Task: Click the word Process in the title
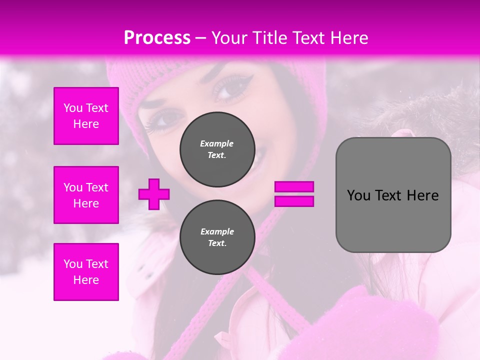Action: [157, 38]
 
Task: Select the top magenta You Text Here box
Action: [86, 116]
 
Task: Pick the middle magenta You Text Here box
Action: [86, 195]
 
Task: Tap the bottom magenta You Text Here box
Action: [86, 272]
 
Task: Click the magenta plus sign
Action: [154, 194]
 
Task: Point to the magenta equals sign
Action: [294, 194]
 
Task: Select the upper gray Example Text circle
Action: [217, 149]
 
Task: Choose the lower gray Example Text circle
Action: [217, 237]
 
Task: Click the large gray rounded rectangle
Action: [393, 195]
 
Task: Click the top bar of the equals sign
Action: [294, 187]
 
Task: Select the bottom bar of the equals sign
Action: [294, 201]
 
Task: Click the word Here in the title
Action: [349, 38]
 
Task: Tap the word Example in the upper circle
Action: [216, 143]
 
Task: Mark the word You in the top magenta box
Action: [73, 108]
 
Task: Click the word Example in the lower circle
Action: [217, 231]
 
